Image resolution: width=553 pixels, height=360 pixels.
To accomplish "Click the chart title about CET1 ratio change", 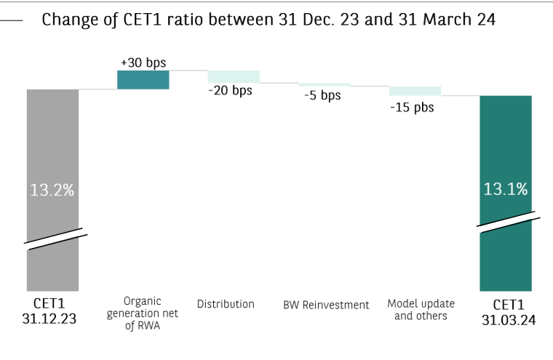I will tap(268, 20).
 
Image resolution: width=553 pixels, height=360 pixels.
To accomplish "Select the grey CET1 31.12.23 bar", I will tap(52, 145).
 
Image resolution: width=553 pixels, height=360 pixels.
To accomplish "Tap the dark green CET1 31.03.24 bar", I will tap(506, 145).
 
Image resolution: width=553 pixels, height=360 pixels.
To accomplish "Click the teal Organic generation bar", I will tap(143, 80).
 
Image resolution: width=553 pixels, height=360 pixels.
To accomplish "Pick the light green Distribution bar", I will tap(234, 76).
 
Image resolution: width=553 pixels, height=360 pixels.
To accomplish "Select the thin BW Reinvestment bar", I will tap(325, 85).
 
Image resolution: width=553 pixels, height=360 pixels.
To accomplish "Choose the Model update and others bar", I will tap(415, 91).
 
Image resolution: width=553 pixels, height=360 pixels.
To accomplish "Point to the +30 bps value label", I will tap(143, 63).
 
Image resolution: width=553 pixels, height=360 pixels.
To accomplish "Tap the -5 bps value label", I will tap(322, 96).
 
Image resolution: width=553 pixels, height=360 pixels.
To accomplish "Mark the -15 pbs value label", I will tap(413, 107).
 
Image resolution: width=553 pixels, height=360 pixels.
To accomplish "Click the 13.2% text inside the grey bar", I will tap(52, 191).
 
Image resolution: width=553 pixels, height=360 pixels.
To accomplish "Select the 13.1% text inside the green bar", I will tap(505, 189).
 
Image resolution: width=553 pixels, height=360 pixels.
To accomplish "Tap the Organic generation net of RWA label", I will tap(143, 313).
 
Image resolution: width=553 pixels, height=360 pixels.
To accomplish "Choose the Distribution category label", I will tap(226, 304).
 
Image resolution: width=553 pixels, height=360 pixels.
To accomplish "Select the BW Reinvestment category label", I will tap(326, 305).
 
